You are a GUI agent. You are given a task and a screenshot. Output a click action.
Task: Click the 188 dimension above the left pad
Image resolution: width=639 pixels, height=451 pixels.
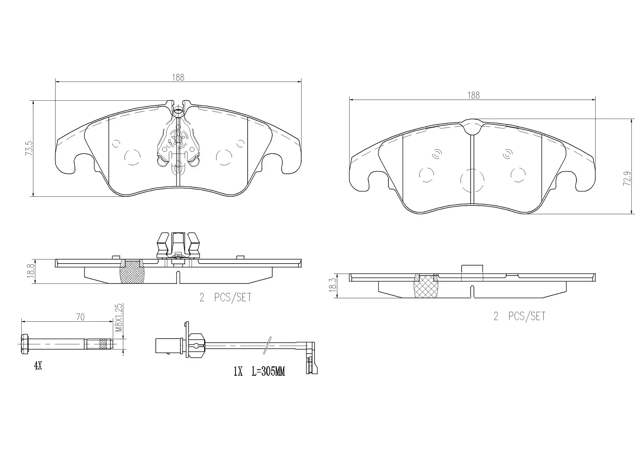point(178,77)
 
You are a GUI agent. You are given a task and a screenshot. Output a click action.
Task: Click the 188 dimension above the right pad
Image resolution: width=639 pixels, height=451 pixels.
point(473,95)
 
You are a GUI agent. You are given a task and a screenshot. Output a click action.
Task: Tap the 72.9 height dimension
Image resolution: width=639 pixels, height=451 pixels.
point(627,178)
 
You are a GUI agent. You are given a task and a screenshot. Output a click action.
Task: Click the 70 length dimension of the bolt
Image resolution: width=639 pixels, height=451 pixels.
point(80,317)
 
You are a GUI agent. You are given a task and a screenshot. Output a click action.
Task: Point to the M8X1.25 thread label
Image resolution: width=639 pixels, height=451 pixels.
point(119,317)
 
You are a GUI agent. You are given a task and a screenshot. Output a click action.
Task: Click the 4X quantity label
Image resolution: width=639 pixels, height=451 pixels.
point(38,366)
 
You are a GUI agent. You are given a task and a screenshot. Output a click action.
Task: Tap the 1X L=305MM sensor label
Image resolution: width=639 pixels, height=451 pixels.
point(259,371)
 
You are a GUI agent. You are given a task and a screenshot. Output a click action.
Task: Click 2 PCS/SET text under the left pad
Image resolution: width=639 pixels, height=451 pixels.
point(225,297)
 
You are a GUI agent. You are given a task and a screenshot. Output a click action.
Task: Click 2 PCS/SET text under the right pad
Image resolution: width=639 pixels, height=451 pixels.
point(520,316)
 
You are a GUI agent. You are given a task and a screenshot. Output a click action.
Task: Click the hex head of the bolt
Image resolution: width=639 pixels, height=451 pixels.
point(24,344)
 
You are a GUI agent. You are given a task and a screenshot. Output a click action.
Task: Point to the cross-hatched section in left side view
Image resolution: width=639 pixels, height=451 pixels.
point(132,272)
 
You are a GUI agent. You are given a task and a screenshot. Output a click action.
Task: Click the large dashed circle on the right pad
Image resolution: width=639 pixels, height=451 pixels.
point(472,180)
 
